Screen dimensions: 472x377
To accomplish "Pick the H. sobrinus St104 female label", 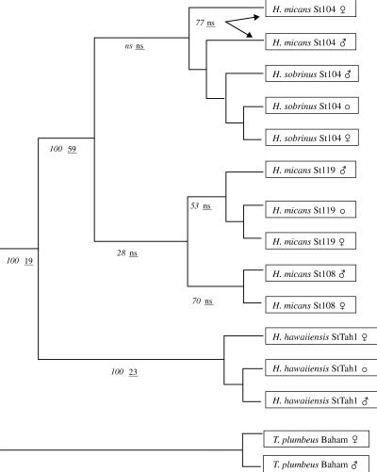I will tap(315, 138).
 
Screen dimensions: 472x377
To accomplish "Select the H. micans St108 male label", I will tap(310, 273).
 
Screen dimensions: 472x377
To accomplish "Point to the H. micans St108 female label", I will tap(310, 304).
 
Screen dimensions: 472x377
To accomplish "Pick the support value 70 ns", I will tap(202, 301).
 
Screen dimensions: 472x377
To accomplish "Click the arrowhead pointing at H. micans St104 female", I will tap(256, 13).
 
